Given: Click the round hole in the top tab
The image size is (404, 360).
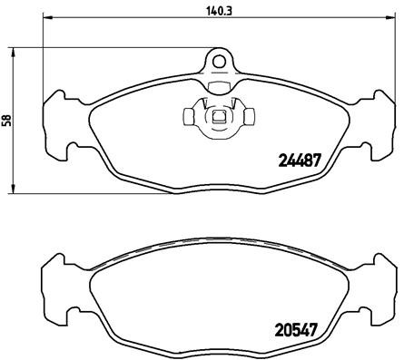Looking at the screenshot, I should click(x=217, y=62).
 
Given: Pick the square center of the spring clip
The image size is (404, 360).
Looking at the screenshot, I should click(x=217, y=116).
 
